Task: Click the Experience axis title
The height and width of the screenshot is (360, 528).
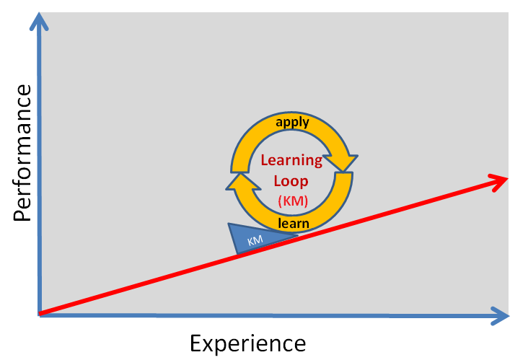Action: (247, 343)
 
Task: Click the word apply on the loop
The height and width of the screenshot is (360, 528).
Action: (292, 122)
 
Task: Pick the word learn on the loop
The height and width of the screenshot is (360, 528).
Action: (293, 224)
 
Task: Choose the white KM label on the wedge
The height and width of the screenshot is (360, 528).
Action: (255, 241)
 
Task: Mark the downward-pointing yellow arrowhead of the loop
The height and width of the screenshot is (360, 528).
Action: (344, 162)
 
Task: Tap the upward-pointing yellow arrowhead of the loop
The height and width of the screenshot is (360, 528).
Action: (239, 184)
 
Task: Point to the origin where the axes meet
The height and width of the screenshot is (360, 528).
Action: (40, 314)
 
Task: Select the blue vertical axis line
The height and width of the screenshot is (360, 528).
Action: (39, 180)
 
